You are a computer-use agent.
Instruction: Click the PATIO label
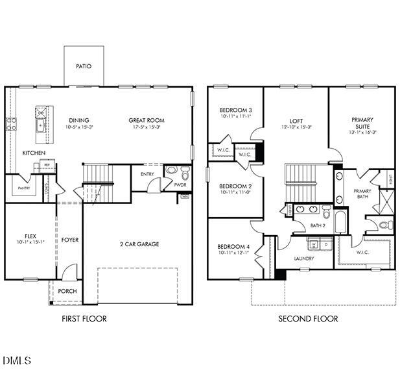[84, 66]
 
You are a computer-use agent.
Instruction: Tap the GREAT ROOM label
[147, 120]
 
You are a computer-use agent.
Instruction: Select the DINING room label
[79, 120]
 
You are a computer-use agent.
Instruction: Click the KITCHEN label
[34, 153]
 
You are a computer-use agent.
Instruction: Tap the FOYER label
[70, 240]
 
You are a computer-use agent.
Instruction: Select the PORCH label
[67, 291]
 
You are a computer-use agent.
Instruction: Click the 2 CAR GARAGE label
[139, 244]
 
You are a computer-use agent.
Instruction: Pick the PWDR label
[180, 185]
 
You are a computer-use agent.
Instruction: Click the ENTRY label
[148, 173]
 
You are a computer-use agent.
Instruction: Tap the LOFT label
[296, 121]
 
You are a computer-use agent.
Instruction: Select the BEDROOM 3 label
[235, 110]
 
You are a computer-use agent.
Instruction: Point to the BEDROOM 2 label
[235, 186]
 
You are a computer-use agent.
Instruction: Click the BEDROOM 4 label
[233, 246]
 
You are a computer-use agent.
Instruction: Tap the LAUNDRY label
[304, 258]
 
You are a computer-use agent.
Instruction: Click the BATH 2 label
[318, 225]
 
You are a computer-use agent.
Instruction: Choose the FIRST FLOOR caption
[84, 319]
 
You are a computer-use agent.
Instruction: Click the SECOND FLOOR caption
[308, 319]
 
